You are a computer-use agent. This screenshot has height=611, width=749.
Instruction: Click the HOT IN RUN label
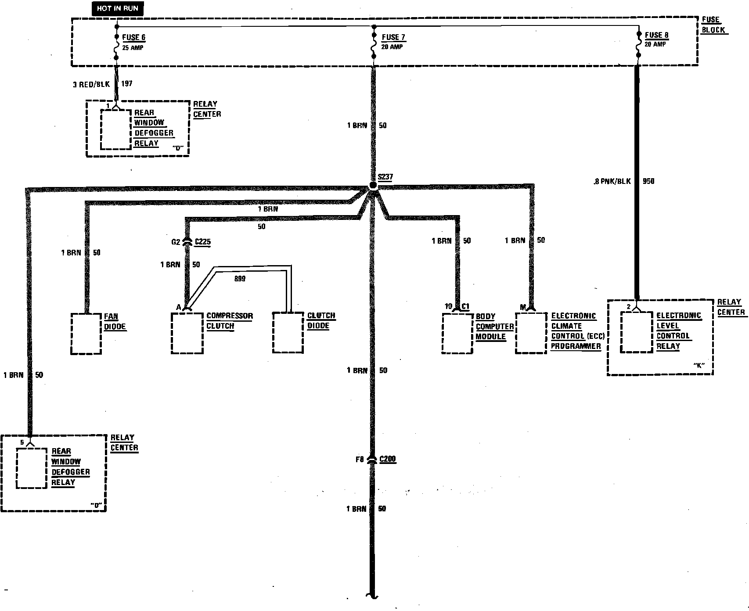pos(117,8)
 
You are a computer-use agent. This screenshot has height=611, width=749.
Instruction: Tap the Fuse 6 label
pos(133,37)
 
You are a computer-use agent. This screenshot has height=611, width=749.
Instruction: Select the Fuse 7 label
pos(393,37)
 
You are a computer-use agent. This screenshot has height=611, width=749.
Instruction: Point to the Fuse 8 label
pos(656,35)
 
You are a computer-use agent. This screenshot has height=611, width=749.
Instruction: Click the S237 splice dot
pos(373,185)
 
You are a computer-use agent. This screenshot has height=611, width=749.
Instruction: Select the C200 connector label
pos(388,459)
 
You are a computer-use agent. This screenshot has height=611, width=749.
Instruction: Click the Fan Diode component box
pos(86,334)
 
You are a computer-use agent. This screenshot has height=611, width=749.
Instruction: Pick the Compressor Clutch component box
pos(187,333)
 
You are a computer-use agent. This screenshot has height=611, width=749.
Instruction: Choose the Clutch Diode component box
pos(288,332)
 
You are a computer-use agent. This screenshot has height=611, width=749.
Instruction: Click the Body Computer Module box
pos(457,333)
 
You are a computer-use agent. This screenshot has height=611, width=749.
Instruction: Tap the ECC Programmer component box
pos(531,333)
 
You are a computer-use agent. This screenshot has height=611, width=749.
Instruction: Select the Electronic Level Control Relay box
pos(637,332)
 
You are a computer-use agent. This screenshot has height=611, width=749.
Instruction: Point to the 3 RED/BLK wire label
pos(91,84)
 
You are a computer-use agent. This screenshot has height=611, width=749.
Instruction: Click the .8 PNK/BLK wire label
pos(612,181)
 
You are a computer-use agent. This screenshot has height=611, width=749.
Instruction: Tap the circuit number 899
pos(240,279)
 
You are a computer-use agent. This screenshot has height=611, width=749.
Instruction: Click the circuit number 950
pos(648,181)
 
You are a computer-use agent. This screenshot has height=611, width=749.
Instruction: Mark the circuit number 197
pos(126,83)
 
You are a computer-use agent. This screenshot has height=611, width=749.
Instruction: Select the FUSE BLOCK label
pos(712,25)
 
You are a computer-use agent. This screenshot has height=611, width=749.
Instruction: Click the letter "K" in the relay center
pos(699,365)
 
